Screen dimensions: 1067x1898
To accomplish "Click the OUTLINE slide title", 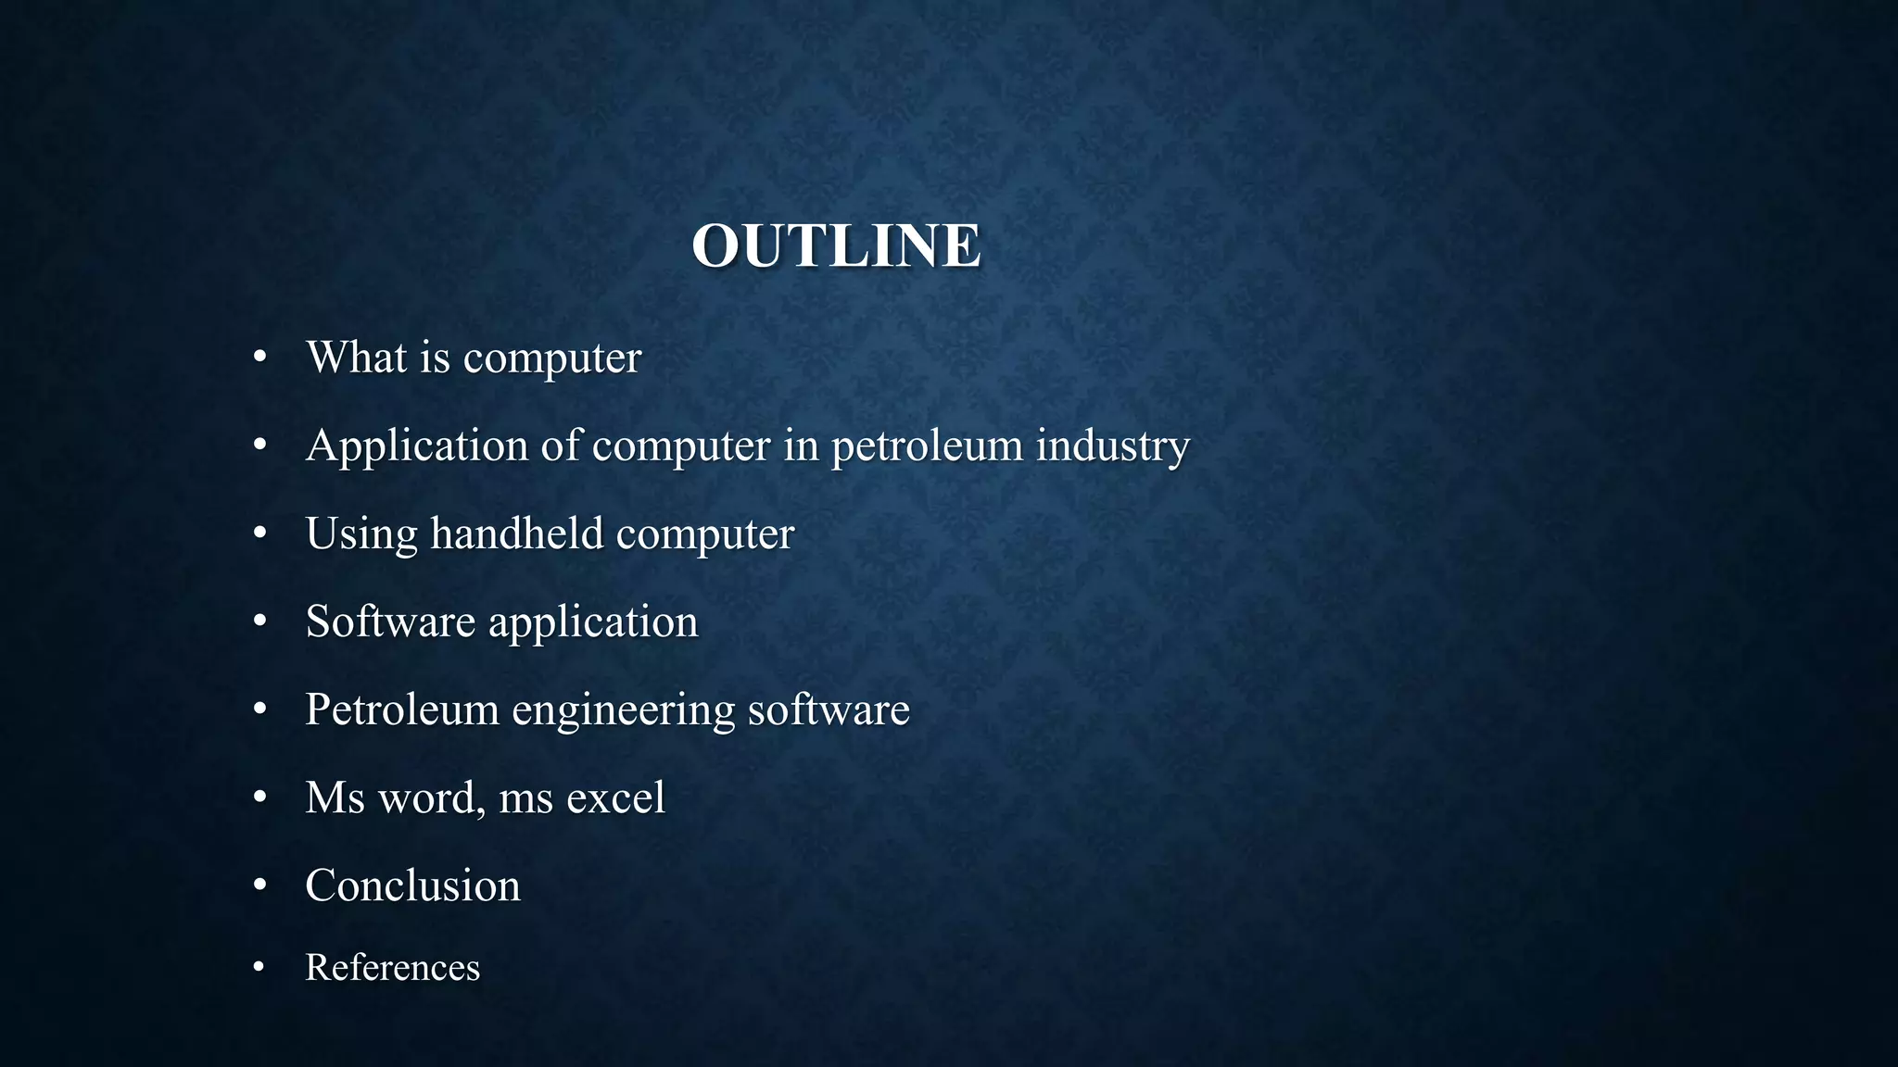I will (x=836, y=246).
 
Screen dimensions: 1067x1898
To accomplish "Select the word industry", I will (x=1112, y=446).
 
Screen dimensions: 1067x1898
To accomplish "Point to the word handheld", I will (x=516, y=533).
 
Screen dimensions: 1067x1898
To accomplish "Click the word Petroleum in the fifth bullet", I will (x=402, y=709).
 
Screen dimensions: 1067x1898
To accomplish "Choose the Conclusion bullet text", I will (x=412, y=885).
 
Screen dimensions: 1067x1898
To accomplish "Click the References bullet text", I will (x=392, y=968).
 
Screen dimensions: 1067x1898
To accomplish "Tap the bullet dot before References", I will (x=259, y=968).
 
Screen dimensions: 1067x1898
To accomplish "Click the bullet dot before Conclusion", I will (x=259, y=885).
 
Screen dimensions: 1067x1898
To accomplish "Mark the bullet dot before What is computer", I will (x=259, y=358).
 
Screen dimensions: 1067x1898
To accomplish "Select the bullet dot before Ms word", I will (x=259, y=797).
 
